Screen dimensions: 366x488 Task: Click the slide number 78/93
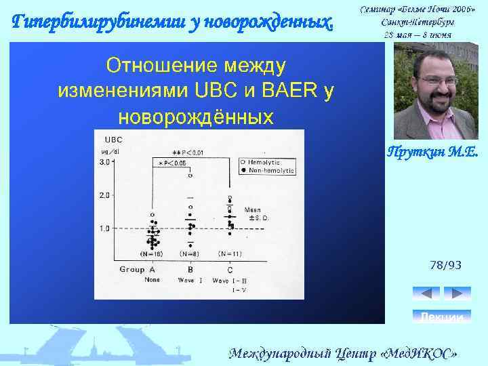click(445, 265)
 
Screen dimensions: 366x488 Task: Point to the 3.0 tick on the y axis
click(106, 162)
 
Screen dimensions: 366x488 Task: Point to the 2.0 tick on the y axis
click(106, 195)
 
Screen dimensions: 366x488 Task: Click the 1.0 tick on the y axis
click(106, 228)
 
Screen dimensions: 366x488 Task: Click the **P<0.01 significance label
click(189, 152)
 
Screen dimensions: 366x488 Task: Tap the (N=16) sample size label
click(152, 253)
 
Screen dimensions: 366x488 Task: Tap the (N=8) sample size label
click(189, 253)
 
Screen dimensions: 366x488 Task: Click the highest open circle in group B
click(190, 176)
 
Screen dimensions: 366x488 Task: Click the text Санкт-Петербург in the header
click(418, 23)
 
